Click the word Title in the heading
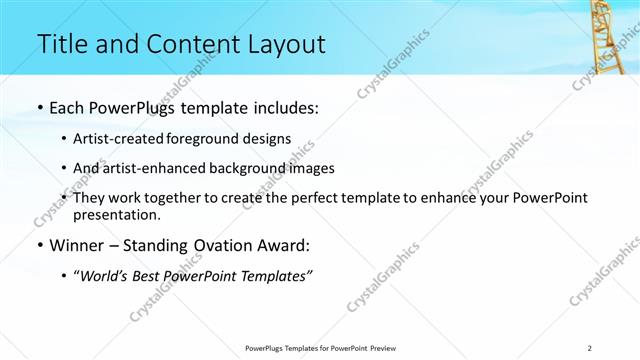tap(61, 45)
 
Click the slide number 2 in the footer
tap(590, 347)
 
